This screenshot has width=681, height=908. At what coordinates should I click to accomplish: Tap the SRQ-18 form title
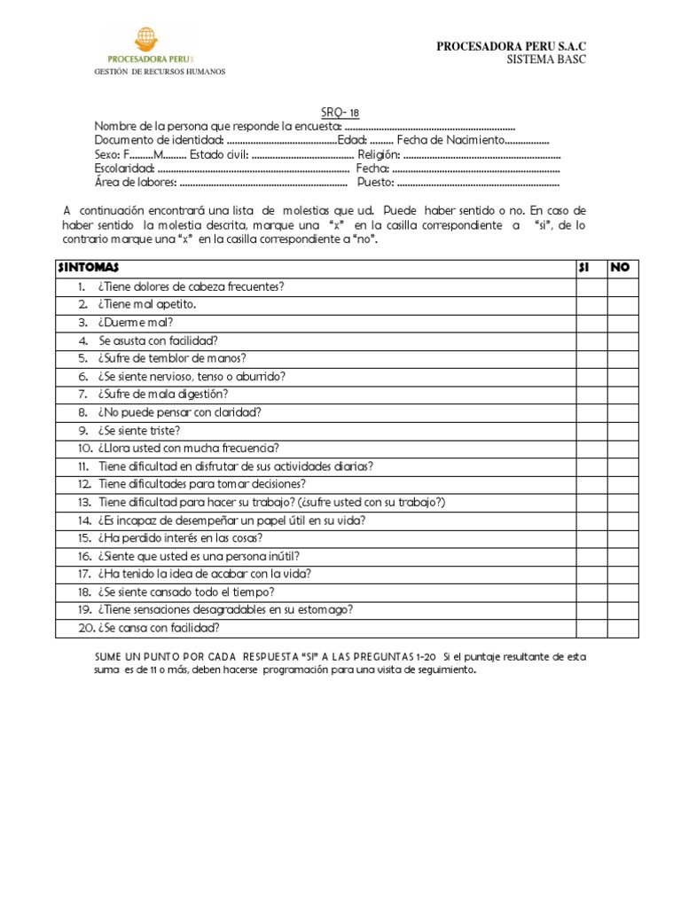click(x=340, y=113)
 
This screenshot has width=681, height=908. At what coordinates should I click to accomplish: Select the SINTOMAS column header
click(x=88, y=267)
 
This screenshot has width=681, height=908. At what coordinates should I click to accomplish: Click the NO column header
click(x=621, y=267)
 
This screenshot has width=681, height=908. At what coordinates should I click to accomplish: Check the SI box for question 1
click(x=589, y=286)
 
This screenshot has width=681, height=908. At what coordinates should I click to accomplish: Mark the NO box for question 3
click(x=622, y=322)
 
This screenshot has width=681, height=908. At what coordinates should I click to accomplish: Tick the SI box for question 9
click(x=589, y=430)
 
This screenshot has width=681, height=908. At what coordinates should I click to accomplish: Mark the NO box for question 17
click(x=622, y=574)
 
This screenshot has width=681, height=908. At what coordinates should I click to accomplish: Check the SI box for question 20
click(x=589, y=628)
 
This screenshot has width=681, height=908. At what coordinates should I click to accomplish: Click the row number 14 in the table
click(x=84, y=520)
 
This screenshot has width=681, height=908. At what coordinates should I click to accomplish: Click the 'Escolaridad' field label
click(x=124, y=168)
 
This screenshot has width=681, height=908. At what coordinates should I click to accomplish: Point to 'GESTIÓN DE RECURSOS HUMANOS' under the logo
click(x=160, y=71)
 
